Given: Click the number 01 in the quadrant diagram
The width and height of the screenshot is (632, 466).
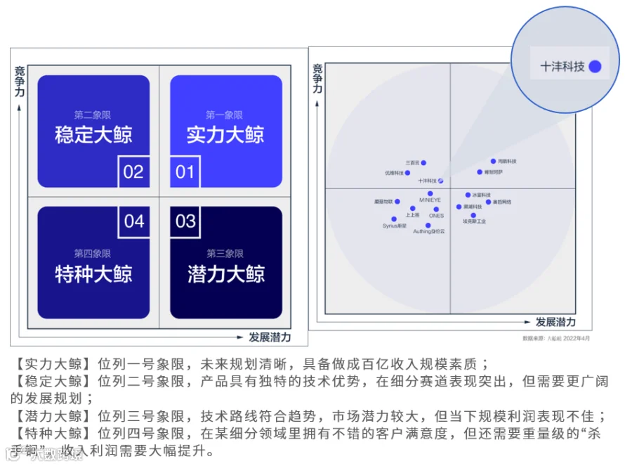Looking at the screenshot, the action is click(185, 171).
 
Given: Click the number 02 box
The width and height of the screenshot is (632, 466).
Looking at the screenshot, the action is click(133, 171).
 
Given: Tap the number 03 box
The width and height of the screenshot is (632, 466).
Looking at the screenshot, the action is click(185, 222).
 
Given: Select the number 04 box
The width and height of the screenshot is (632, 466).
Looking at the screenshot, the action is click(134, 222).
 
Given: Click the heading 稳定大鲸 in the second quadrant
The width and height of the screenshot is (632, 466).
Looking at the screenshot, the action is click(93, 134).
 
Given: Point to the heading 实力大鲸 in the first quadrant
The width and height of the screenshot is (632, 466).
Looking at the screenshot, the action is click(225, 134).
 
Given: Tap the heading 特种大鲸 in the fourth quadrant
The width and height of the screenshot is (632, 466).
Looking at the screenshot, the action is click(93, 273).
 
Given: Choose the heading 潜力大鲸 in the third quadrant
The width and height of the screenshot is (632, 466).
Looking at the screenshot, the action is click(225, 273).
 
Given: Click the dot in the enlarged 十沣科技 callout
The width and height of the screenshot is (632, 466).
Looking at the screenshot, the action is click(595, 67).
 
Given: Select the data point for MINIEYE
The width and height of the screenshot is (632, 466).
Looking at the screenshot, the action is click(430, 193).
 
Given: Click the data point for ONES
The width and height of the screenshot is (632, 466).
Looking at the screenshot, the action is click(436, 209).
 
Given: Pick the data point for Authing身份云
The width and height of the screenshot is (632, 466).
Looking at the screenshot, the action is click(428, 226).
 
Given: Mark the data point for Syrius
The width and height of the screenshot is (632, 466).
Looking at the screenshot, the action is click(394, 219).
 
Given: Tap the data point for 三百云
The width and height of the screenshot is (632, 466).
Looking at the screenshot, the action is click(423, 163).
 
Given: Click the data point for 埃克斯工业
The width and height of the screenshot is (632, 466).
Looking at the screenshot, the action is click(474, 215).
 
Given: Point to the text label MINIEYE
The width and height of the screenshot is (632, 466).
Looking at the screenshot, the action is click(430, 200).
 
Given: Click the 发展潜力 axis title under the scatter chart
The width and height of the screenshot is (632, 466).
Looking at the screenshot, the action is click(555, 322).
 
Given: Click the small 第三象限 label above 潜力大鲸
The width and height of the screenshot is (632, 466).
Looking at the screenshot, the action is click(225, 254).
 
